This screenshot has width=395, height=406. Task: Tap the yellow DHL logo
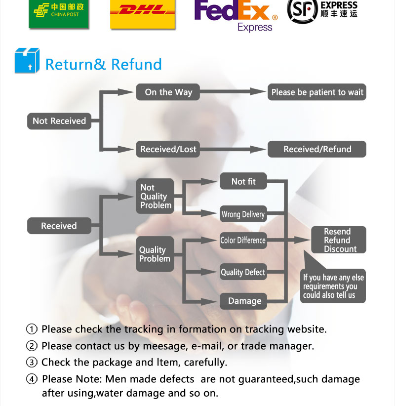[x=143, y=12]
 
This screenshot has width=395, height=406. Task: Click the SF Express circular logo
[x=302, y=10]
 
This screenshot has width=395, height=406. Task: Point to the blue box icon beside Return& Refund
[x=27, y=60]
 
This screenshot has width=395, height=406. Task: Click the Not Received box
[x=59, y=121]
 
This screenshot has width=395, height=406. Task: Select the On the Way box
[x=168, y=92]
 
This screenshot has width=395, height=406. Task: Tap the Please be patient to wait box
[x=317, y=92]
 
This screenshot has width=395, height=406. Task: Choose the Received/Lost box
[x=168, y=149]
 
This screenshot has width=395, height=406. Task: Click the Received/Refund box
[x=317, y=149]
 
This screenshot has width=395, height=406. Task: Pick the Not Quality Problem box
[x=155, y=196]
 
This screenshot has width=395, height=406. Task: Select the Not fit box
[x=243, y=182]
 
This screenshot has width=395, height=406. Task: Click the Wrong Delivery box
[x=243, y=214]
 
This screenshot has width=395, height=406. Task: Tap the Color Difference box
[x=243, y=241]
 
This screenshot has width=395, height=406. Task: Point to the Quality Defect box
[x=243, y=272]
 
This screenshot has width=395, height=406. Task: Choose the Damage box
[x=244, y=301]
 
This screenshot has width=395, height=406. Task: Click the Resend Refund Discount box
[x=338, y=240]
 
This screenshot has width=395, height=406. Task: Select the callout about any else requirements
[x=333, y=286]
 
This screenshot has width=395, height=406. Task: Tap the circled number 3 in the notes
[x=32, y=362]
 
